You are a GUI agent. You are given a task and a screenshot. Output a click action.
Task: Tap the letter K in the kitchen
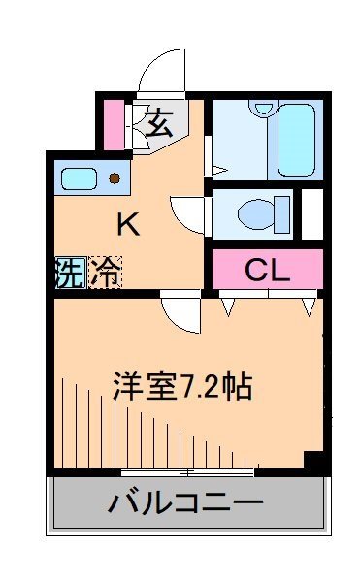coord(128,225)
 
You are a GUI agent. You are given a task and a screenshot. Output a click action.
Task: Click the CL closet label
coord(267,269)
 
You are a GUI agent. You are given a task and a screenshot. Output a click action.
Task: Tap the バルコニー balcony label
coord(185,504)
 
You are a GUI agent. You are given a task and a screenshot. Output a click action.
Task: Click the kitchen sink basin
coord(78,178)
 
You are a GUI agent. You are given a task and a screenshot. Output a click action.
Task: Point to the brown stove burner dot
coord(115,178)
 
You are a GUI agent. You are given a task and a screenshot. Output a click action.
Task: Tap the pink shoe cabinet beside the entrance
coord(115,123)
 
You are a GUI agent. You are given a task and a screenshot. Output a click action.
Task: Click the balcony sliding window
coord(188,471)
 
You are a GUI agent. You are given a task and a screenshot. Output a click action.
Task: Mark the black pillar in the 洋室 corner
coord(312,461)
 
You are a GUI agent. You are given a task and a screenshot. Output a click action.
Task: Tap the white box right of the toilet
coord(312,212)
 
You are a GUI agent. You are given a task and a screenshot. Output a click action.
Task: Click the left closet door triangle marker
coord(230,307)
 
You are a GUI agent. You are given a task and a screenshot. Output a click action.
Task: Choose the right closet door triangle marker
coord(309,307)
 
